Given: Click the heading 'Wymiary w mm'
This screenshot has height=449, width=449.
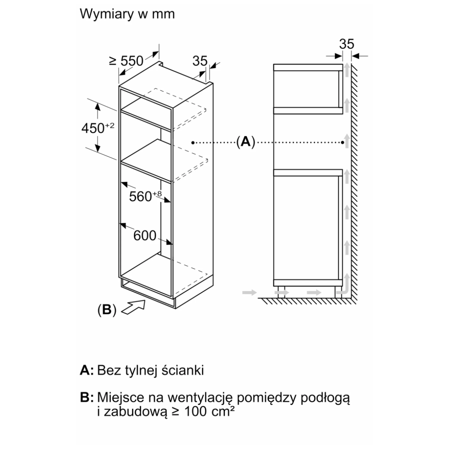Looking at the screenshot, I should (127, 14).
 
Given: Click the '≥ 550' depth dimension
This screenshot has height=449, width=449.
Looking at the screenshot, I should (126, 61).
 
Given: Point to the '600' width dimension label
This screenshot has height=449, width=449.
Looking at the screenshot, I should (144, 235).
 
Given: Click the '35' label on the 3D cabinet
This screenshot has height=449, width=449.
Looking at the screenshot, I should (200, 61).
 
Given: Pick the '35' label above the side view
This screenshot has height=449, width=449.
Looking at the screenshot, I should (346, 44).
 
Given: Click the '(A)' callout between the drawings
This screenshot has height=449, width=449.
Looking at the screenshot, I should (245, 142).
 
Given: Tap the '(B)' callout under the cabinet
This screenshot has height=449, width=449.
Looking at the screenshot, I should (107, 310).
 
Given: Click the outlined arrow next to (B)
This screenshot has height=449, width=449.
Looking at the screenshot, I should (133, 308).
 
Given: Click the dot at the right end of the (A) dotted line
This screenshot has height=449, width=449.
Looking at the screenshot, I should (343, 142).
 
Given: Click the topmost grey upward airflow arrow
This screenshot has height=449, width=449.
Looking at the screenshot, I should (347, 70).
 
